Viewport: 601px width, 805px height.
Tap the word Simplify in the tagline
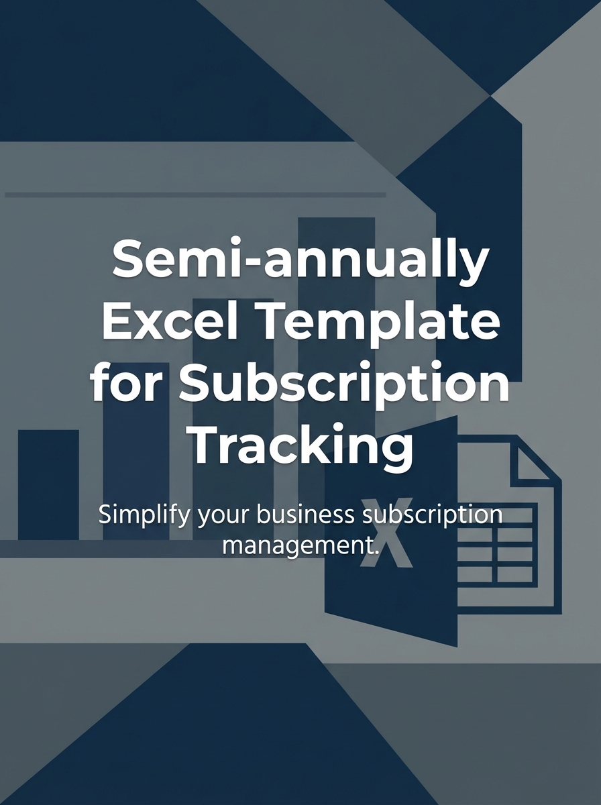click(138, 515)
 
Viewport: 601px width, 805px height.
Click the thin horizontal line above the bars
click(195, 195)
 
